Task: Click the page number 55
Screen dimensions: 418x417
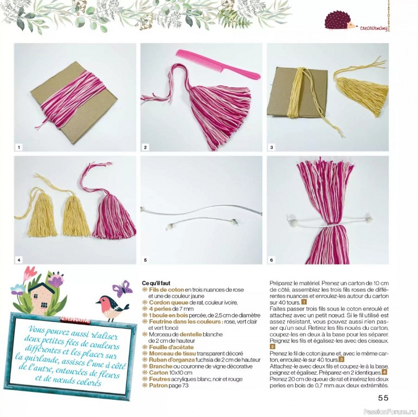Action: [383, 398]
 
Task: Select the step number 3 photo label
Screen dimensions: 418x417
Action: [271, 147]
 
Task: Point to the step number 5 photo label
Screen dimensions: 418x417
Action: [145, 260]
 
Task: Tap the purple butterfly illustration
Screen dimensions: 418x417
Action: [122, 289]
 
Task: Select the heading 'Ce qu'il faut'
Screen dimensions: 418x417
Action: [156, 283]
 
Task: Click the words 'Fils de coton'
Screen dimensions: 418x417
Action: [166, 290]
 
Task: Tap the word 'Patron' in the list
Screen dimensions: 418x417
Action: [158, 385]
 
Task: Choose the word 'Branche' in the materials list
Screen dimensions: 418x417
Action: [160, 366]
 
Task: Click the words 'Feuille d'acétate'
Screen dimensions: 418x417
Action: [171, 347]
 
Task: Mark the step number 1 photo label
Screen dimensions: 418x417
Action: [19, 147]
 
